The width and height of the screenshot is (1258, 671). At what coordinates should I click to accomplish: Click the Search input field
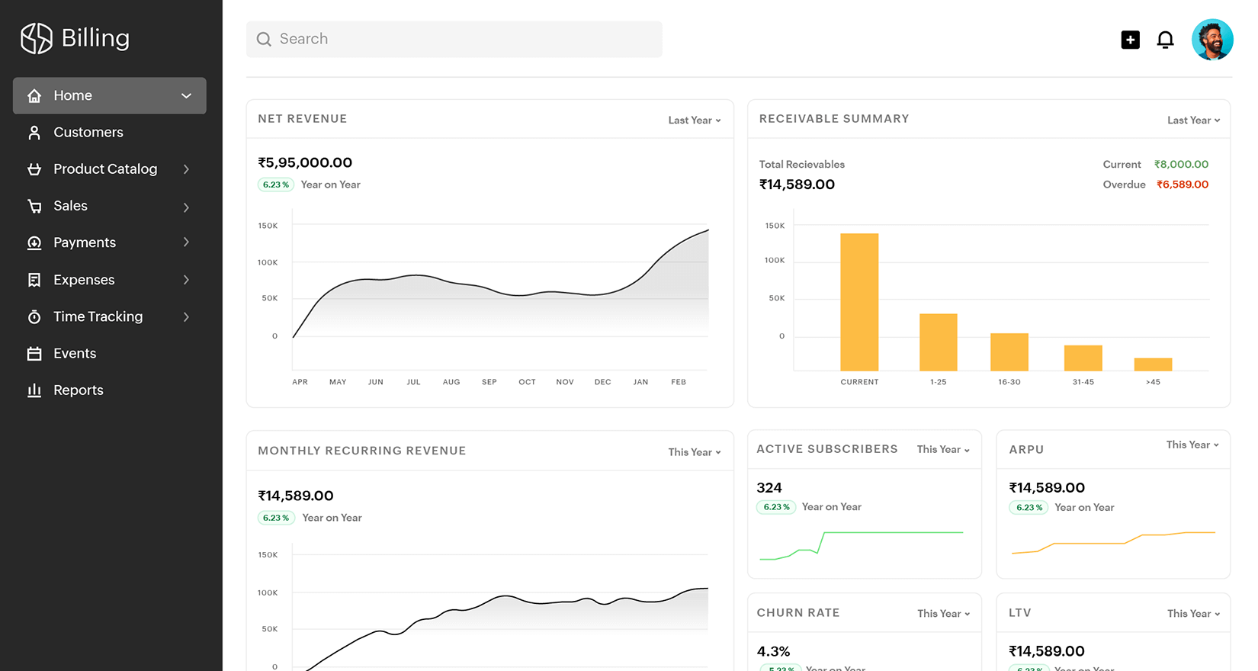click(x=454, y=39)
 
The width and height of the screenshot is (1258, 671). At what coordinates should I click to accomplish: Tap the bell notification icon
click(x=1165, y=40)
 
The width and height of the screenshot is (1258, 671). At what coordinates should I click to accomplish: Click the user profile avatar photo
click(x=1212, y=40)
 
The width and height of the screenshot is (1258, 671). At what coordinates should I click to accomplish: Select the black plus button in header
click(x=1131, y=40)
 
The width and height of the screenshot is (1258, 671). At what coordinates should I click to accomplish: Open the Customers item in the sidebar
click(x=88, y=133)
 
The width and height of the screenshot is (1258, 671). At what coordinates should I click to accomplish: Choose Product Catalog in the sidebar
click(x=105, y=169)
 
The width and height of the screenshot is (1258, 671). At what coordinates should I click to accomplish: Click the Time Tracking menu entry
click(x=98, y=316)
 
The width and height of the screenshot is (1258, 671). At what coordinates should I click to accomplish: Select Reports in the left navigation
click(x=78, y=390)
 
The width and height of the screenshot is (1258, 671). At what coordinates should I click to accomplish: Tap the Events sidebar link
click(x=75, y=354)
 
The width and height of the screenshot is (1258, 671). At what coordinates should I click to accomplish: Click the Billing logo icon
click(x=36, y=38)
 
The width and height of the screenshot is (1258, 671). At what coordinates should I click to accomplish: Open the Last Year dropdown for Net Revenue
click(x=694, y=120)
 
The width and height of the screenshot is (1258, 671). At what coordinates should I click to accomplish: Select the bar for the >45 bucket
click(x=1153, y=364)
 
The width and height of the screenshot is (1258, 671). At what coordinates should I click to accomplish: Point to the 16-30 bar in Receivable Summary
click(x=1009, y=352)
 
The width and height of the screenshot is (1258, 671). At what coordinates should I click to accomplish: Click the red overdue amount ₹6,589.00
click(x=1182, y=185)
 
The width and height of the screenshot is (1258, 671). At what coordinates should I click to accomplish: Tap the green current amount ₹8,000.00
click(x=1181, y=165)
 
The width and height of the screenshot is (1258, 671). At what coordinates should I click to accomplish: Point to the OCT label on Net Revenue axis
click(x=527, y=382)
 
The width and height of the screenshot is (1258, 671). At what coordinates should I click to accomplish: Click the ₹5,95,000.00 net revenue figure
click(x=305, y=163)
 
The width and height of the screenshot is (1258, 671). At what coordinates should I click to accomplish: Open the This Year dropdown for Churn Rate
click(x=943, y=614)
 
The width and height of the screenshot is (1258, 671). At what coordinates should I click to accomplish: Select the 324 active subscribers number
click(x=769, y=488)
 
